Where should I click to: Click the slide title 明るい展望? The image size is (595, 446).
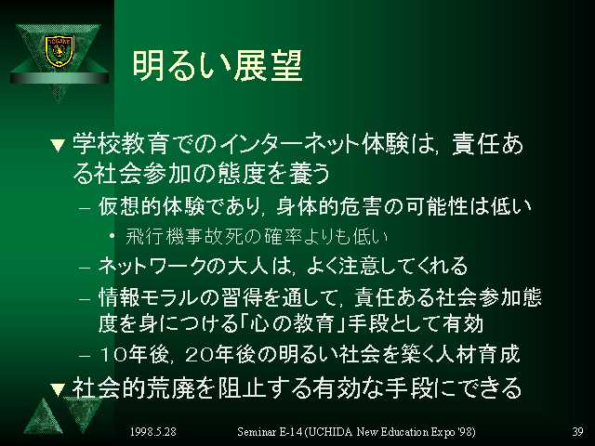click(218, 66)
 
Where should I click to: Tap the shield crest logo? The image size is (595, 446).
click(59, 51)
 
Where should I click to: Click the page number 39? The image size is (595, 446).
click(577, 431)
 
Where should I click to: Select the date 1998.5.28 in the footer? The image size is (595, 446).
click(153, 431)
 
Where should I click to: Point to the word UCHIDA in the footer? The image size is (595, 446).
click(331, 431)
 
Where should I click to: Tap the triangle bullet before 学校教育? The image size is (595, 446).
click(58, 146)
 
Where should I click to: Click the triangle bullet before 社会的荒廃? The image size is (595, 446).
click(58, 388)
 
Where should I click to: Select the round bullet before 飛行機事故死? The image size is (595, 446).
click(112, 236)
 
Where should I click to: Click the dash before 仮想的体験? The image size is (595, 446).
click(85, 208)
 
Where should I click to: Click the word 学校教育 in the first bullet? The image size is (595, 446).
click(120, 145)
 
